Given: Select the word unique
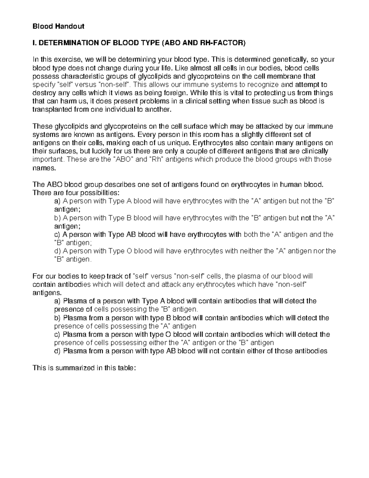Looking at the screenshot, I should click(178, 143).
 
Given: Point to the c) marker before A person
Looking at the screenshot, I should click(57, 235).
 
